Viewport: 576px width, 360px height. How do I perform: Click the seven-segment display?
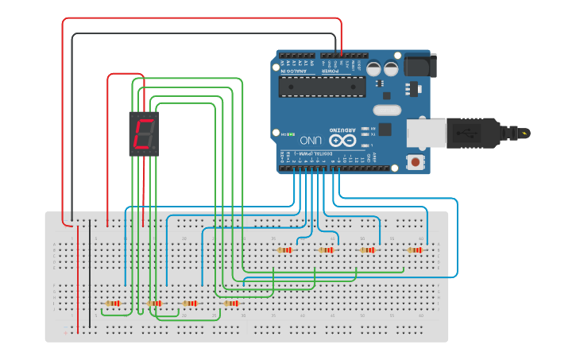(144, 134)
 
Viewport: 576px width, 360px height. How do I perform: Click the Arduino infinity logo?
(342, 140)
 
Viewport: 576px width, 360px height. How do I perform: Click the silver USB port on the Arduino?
(426, 133)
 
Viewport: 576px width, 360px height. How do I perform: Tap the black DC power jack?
(419, 65)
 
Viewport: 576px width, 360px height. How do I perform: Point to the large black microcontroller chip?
(334, 86)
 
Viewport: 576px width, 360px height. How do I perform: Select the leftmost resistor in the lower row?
(113, 303)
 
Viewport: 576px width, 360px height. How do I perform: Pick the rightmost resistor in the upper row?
(415, 250)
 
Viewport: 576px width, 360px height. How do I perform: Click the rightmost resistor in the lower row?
(230, 303)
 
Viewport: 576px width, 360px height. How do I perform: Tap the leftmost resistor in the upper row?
(284, 250)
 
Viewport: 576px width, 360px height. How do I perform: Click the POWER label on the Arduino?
(331, 71)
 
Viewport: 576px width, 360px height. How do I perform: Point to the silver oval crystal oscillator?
(387, 110)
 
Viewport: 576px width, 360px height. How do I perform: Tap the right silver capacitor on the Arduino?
(391, 68)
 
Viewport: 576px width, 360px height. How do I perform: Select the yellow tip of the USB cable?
(525, 133)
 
